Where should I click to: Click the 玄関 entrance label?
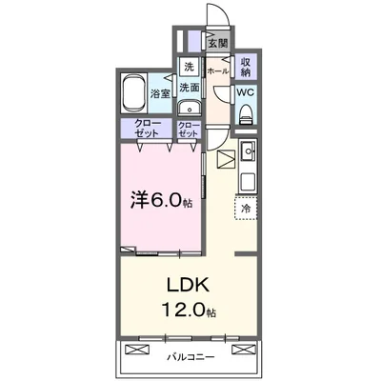tap(220, 44)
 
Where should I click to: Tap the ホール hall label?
tap(217, 71)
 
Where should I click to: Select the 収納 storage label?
tap(246, 68)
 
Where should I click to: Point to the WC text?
tap(245, 92)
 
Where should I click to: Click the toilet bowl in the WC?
tap(246, 114)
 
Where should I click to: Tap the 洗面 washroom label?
tap(190, 86)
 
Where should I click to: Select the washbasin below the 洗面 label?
tap(189, 107)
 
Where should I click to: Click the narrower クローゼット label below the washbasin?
tap(189, 130)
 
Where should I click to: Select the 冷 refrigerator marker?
tap(245, 208)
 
